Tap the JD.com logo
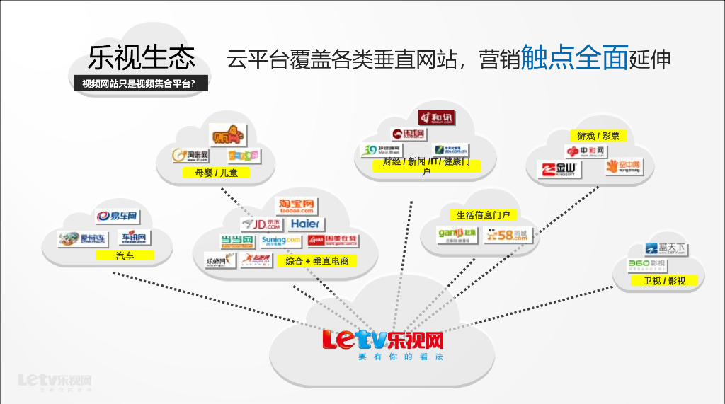[261, 224]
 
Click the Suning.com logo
[281, 241]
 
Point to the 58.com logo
[507, 236]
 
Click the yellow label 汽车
[125, 255]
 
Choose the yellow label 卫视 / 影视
[664, 281]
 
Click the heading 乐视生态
[142, 57]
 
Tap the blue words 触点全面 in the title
[574, 58]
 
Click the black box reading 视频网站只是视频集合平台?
[139, 83]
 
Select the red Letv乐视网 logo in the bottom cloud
[382, 340]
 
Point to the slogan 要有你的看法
[400, 357]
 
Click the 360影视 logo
[647, 265]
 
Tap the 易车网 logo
[116, 217]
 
